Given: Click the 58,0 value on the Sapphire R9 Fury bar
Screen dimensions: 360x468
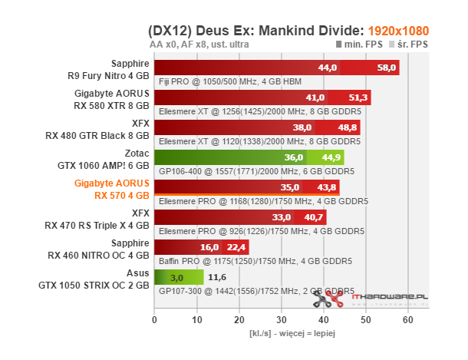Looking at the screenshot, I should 387,68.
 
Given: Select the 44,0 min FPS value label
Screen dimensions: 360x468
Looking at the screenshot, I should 328,68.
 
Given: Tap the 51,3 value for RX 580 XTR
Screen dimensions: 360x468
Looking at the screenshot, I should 358,98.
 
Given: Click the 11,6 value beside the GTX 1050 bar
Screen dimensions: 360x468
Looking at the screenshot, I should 217,276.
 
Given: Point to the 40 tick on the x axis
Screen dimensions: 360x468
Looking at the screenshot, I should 324,319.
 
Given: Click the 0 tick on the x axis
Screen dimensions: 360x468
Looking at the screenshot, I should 155,319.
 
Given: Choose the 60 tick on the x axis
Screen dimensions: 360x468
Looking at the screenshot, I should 408,319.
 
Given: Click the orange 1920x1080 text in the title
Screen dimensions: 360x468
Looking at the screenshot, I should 397,31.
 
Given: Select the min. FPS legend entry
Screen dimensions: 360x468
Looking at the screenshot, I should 361,45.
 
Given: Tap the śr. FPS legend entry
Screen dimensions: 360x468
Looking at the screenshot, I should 410,45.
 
